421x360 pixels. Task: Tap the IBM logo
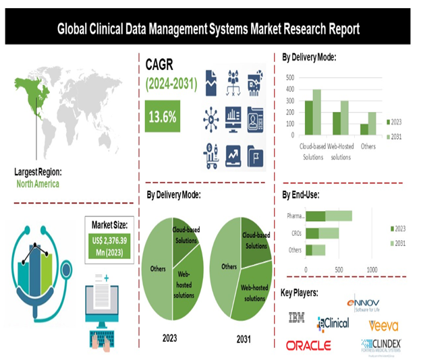pos(296,317)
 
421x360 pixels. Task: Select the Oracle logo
pos(308,345)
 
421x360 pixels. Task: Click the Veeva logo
pos(383,326)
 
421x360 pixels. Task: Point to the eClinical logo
pos(333,323)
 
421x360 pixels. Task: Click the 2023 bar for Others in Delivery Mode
pos(364,129)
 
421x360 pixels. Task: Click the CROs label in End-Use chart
pos(296,233)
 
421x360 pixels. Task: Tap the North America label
pos(38,184)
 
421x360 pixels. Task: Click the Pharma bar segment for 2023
pos(316,216)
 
